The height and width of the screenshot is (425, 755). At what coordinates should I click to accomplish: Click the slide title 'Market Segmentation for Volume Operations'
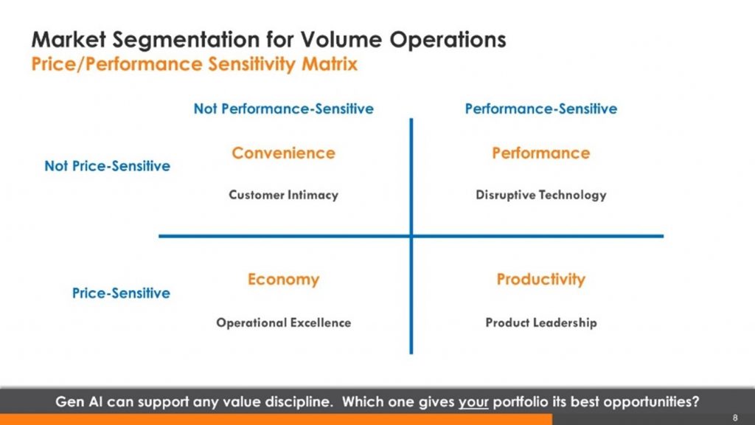tap(268, 39)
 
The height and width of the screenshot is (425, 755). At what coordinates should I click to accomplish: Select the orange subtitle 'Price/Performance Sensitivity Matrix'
tap(195, 64)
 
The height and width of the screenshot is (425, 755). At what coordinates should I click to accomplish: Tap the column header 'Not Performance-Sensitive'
tap(283, 109)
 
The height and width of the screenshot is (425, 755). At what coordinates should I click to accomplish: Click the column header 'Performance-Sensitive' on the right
tap(540, 109)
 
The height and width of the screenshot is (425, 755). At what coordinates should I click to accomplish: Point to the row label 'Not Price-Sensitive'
tap(107, 166)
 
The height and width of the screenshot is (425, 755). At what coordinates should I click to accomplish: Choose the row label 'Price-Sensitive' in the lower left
tap(121, 293)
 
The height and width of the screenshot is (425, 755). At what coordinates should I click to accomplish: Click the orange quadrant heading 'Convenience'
tap(283, 153)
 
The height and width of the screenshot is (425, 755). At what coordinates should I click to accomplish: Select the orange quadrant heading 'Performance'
tap(540, 153)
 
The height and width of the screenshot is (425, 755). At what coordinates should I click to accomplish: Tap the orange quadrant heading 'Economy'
tap(283, 280)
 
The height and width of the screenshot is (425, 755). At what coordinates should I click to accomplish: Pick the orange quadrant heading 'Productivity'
tap(540, 280)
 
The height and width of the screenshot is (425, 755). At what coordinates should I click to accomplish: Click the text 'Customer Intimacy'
tap(283, 195)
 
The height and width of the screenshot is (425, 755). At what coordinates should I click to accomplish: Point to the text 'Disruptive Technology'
tap(540, 195)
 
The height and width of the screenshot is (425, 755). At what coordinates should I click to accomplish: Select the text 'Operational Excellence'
tap(283, 322)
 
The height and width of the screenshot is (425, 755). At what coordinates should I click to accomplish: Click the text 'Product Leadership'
tap(540, 322)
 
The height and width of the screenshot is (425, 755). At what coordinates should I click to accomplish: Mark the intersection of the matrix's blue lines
tap(411, 236)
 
